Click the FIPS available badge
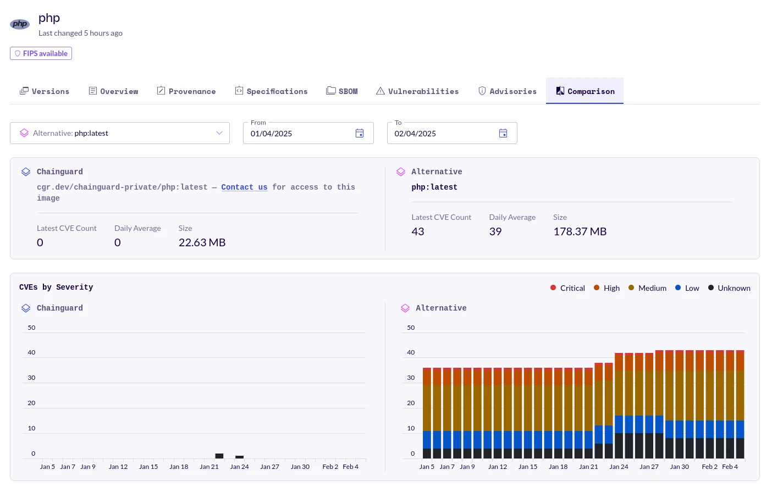[41, 53]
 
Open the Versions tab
[45, 91]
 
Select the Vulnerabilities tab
[417, 91]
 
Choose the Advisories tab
[507, 91]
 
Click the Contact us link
[244, 187]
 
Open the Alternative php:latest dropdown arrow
[219, 133]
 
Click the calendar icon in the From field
[360, 134]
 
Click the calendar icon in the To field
[503, 134]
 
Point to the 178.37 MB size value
[580, 232]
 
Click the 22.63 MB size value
[202, 243]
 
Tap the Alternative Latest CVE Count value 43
[418, 232]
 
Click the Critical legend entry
[567, 288]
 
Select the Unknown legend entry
[729, 288]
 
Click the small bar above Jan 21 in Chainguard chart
[219, 456]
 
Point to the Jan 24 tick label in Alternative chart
[619, 467]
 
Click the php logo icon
[20, 24]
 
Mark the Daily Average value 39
[495, 232]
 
